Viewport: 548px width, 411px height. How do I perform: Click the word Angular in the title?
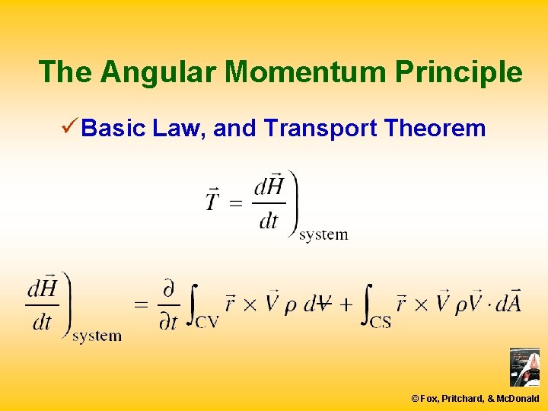[x=160, y=72]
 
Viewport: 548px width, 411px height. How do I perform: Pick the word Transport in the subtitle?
[x=320, y=129]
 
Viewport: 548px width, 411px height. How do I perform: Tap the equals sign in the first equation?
[x=236, y=204]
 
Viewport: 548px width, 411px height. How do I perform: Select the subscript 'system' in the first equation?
[x=323, y=234]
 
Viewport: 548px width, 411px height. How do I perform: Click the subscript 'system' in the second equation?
[x=97, y=336]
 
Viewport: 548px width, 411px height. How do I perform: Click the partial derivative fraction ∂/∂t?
[x=167, y=305]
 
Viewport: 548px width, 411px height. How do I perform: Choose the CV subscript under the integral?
[x=206, y=321]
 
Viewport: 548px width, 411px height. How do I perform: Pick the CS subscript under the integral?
[x=381, y=321]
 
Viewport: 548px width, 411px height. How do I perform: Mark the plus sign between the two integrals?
[x=346, y=304]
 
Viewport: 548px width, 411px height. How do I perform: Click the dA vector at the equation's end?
[x=506, y=302]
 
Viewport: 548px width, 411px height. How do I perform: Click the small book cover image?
[x=524, y=367]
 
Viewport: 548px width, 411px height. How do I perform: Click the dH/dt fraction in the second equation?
[x=43, y=304]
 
